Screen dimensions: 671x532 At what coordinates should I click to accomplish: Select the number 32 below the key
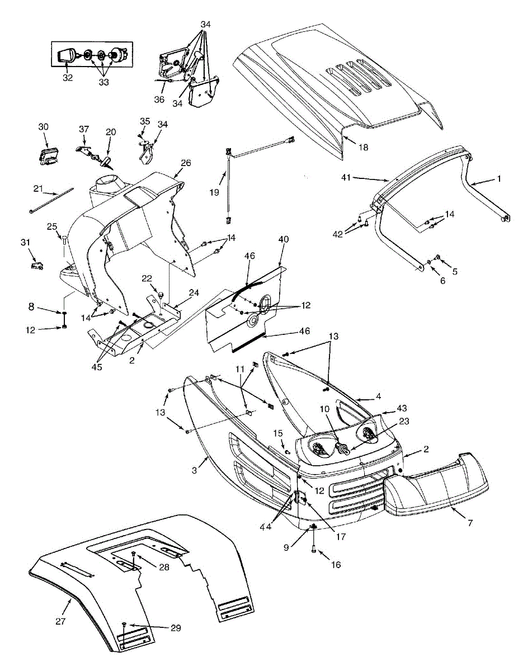68,78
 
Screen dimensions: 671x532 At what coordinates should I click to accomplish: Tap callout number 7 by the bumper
469,523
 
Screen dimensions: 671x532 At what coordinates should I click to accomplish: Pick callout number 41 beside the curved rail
347,178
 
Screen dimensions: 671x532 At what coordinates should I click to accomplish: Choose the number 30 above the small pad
44,126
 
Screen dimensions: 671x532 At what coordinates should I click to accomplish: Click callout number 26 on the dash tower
186,163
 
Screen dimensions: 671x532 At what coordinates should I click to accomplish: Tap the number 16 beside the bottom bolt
336,565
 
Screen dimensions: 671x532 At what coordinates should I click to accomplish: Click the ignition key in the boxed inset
67,56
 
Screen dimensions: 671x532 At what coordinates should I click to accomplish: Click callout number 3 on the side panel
194,471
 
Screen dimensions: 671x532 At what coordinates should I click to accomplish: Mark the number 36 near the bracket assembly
159,100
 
